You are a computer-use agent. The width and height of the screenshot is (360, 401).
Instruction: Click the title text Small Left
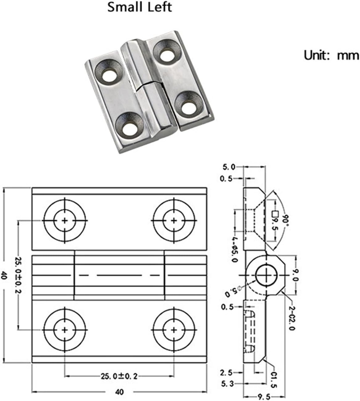click(139, 7)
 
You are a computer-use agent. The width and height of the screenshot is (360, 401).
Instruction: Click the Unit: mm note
click(331, 55)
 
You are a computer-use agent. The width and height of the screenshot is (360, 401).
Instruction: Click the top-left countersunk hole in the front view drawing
click(64, 220)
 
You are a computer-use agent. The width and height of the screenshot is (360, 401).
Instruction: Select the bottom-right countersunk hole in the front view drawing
click(174, 330)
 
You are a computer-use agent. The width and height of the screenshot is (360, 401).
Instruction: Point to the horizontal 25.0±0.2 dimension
click(119, 376)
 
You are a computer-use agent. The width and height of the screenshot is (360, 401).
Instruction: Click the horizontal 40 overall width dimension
click(119, 392)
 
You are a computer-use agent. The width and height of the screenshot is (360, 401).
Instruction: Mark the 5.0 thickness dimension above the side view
click(229, 167)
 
